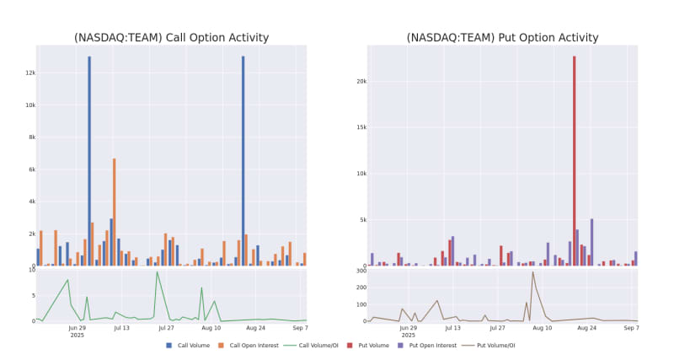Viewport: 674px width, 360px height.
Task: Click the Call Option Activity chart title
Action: [x=171, y=38]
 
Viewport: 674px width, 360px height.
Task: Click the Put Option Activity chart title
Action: [x=502, y=38]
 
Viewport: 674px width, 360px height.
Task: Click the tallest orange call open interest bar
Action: [x=114, y=211]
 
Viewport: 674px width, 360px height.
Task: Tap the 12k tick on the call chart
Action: [x=29, y=73]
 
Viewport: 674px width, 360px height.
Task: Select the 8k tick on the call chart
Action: [x=30, y=137]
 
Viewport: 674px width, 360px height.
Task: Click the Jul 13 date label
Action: [x=122, y=327]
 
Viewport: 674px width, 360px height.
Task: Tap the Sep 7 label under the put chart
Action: [x=631, y=327]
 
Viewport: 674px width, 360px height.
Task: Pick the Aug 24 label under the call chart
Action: [x=256, y=327]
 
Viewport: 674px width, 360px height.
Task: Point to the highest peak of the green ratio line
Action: [x=157, y=271]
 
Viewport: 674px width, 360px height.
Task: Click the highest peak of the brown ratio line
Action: [x=532, y=271]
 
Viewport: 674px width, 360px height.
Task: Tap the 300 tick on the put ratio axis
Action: [x=359, y=271]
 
